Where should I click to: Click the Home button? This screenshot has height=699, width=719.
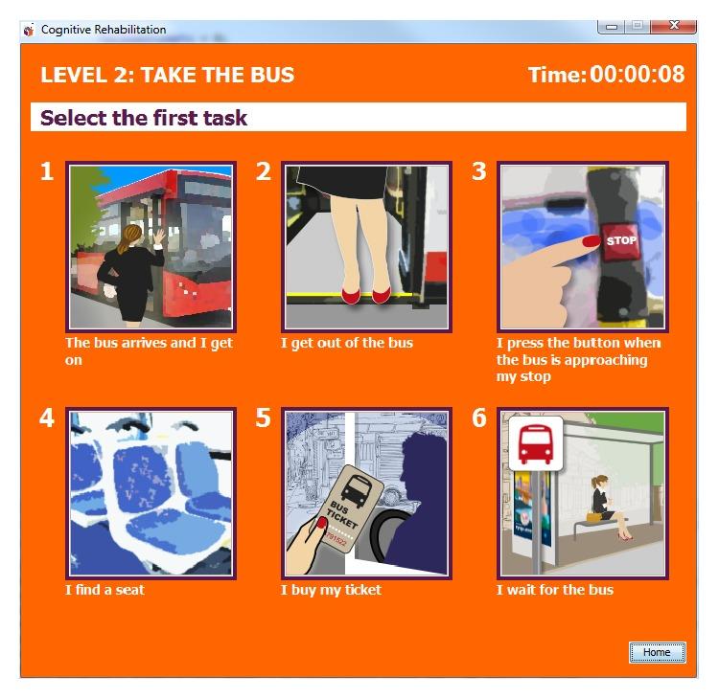coord(657,652)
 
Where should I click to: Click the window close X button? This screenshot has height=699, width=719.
coord(673,26)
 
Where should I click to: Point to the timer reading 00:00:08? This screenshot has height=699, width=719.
coord(637,74)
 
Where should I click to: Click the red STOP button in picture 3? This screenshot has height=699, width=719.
coord(620,241)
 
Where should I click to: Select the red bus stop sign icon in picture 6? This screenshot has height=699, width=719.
coord(536,444)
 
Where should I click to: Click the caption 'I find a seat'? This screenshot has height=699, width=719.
coord(104,590)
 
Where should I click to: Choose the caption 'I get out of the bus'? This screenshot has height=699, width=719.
coord(347,343)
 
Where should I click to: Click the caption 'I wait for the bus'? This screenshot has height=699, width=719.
coord(555,590)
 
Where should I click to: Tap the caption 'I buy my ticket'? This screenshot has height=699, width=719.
coord(331,590)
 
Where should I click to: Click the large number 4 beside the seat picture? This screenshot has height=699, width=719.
coord(47,417)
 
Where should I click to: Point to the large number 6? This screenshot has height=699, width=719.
coord(479,417)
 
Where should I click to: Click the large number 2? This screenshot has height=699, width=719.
coord(264,171)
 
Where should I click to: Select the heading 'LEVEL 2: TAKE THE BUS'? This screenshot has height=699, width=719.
coord(168,75)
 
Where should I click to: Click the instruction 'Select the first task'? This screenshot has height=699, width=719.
coord(144,118)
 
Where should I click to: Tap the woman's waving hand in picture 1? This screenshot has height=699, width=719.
coord(159,237)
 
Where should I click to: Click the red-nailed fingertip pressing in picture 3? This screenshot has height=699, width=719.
coord(591,241)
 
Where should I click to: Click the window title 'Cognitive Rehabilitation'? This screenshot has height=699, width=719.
coord(104,30)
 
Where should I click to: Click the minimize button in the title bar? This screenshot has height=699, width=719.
coord(612,26)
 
